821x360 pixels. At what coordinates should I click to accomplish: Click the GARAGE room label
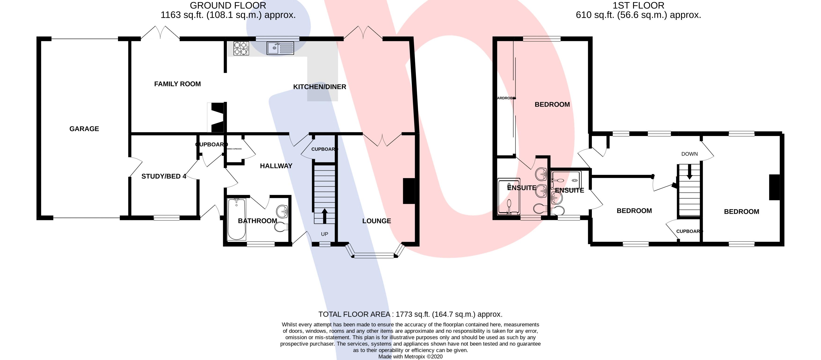coord(84,129)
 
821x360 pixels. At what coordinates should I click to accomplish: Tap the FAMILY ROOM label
coord(177,84)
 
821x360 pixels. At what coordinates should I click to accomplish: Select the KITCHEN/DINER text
coord(319,87)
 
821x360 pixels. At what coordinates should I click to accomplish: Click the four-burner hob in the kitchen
coord(241,48)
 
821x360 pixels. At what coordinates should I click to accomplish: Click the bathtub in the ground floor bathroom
coord(236,219)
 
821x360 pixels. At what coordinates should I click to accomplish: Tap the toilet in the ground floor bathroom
coord(281,227)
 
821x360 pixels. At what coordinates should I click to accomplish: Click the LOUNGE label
coord(376,221)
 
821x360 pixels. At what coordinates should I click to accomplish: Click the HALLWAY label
coord(276,166)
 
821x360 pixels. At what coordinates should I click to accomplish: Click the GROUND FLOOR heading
coord(228,5)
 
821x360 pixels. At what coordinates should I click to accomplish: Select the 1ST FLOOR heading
coord(638,5)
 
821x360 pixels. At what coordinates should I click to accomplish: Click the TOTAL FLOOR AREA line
coord(410,314)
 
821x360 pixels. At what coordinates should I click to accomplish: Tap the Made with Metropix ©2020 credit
coord(410,356)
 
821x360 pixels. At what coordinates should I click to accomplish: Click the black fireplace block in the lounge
coord(409,191)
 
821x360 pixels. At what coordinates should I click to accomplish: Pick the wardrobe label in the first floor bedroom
coord(506,98)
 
